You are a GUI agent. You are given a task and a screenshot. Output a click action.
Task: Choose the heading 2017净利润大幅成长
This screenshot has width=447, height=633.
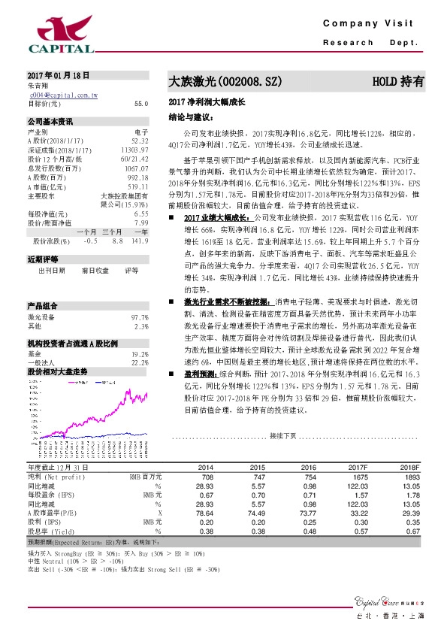[203, 101]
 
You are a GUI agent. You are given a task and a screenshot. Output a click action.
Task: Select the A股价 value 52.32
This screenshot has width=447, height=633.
[139, 140]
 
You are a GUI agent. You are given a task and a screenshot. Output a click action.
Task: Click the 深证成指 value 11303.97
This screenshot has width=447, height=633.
[135, 149]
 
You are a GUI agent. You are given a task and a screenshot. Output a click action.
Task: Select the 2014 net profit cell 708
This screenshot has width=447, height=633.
[207, 477]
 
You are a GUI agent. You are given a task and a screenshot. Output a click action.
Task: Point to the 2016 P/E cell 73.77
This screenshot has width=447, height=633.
[307, 512]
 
